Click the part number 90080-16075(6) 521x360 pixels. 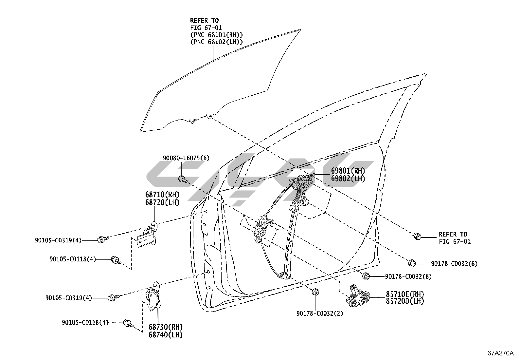[x=186, y=158]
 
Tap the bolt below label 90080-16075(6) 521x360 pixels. [x=182, y=179]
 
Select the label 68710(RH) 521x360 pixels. [x=162, y=195]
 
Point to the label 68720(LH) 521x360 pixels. [x=162, y=202]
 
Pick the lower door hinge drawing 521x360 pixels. [x=153, y=296]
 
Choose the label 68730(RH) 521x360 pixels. [x=165, y=327]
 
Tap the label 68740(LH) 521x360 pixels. [x=165, y=335]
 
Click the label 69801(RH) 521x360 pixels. [x=348, y=171]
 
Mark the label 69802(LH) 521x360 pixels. [x=348, y=179]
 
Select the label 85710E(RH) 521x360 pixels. [x=405, y=294]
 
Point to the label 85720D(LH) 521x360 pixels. [x=405, y=301]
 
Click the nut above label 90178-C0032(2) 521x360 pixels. [x=315, y=292]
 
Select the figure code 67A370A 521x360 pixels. [x=501, y=353]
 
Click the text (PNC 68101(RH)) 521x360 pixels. [x=217, y=35]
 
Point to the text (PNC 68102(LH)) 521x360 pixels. [x=217, y=42]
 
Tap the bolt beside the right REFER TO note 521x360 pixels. [x=417, y=236]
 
